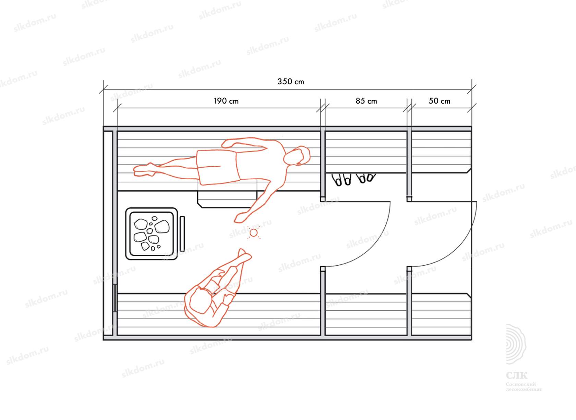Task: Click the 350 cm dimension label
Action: tap(291, 82)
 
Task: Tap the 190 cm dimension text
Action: tap(226, 101)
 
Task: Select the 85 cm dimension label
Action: tap(366, 101)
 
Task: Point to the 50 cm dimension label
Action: tap(439, 101)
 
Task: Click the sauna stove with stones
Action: tap(152, 234)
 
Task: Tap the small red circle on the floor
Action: tap(254, 233)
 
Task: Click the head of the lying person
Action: tap(297, 156)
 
